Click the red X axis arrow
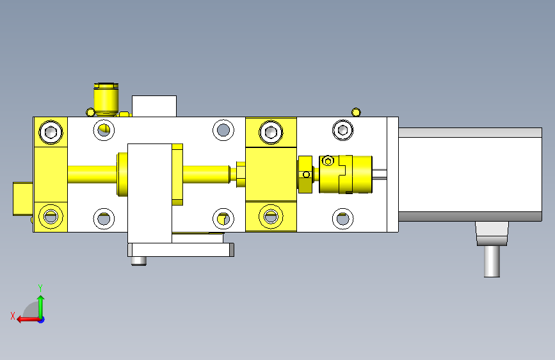(28, 320)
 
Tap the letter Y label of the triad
(40, 288)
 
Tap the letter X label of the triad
(13, 316)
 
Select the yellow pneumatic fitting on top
(106, 99)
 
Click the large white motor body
(470, 174)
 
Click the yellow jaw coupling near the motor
(346, 174)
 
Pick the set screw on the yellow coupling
(328, 161)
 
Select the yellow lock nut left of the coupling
(305, 174)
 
